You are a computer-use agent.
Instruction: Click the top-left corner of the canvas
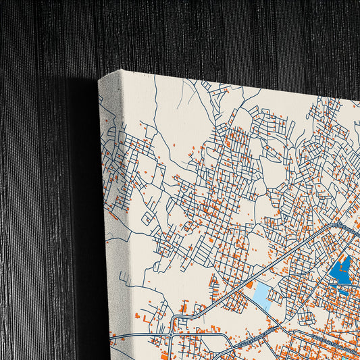pyautogui.click(x=100, y=78)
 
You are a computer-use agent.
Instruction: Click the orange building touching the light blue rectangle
pyautogui.click(x=249, y=286)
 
